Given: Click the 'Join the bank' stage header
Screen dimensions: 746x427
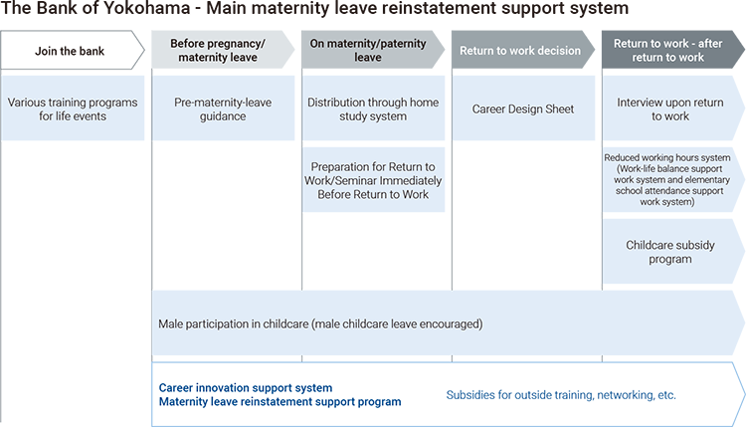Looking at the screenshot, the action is coord(73,50).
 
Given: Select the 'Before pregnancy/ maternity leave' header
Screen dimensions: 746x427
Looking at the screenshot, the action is coord(223,50).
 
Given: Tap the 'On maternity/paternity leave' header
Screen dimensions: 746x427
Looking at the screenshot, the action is coord(373,50).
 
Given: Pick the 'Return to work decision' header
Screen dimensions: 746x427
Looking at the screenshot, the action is coord(523,50).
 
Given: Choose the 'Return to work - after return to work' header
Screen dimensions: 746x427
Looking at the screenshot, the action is coord(672,50).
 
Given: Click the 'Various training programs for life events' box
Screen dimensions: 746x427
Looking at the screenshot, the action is coord(73,108).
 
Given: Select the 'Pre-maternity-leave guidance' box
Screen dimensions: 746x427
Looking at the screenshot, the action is coord(223,108).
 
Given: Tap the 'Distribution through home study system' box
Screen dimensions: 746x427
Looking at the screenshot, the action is coord(373,108).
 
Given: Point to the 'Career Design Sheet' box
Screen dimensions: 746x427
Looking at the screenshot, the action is coord(523,108).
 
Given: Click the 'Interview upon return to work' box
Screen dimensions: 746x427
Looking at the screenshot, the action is coord(673,108).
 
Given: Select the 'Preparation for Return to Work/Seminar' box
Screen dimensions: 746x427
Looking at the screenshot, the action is coord(373,180).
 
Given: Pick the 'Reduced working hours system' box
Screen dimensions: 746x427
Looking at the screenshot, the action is coord(673,180).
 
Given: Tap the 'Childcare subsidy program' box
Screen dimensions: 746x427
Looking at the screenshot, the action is coord(673,252).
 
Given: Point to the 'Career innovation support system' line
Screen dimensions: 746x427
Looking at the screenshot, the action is coord(246,388).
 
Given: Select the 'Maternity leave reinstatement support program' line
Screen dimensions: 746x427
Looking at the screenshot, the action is coord(280,402).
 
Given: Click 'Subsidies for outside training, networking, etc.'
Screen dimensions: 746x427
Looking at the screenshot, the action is coord(561,395).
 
